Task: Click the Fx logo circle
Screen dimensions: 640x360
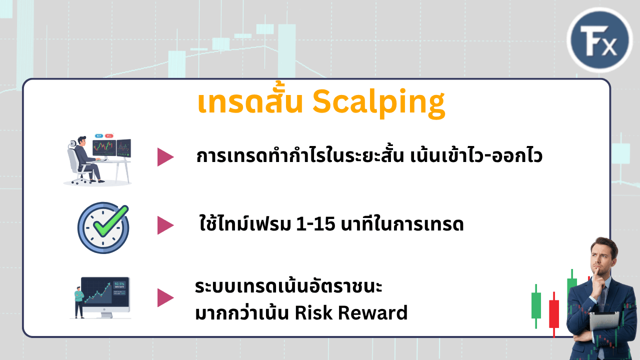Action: click(599, 39)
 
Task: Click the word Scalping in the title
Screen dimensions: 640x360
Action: click(378, 103)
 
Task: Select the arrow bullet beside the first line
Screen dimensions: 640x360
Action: click(165, 157)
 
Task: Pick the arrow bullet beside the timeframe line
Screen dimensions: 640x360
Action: click(165, 225)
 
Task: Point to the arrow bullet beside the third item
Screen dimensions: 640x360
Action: click(165, 297)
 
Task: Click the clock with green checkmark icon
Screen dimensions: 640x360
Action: click(103, 227)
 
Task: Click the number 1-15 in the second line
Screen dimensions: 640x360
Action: click(315, 224)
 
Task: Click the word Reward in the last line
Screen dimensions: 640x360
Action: click(373, 313)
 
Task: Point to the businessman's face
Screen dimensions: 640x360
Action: click(601, 260)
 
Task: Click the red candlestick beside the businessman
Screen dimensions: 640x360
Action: click(554, 314)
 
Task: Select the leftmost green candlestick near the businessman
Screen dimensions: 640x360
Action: click(536, 305)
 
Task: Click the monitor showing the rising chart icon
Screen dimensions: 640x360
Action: click(105, 297)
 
